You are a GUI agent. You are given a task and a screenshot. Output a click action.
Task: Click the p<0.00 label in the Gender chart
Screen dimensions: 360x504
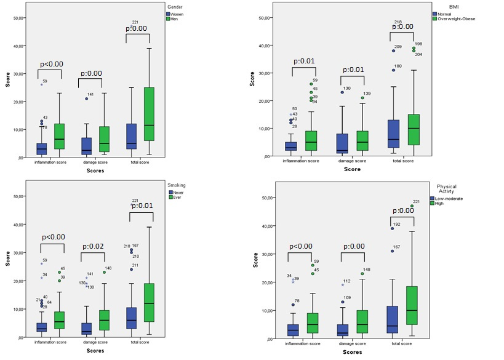(x=52, y=64)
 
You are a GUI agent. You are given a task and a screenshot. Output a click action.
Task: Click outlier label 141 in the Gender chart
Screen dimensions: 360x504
(x=90, y=95)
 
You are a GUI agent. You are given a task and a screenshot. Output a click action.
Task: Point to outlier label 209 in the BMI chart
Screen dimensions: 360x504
(x=398, y=47)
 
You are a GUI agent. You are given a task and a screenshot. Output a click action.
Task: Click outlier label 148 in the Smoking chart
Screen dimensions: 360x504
(x=108, y=268)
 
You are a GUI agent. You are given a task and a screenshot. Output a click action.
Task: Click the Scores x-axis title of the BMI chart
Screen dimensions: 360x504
(x=352, y=169)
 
